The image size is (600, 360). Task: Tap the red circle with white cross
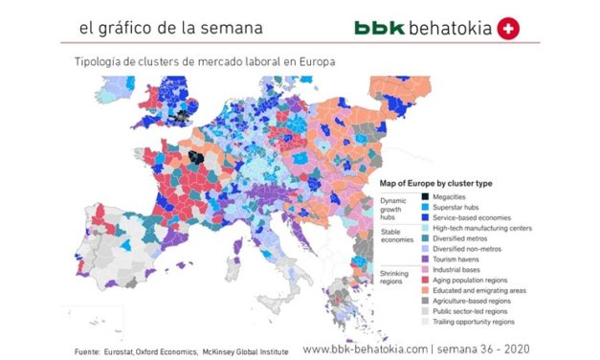[510, 29]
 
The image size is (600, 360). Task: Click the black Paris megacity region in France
[196, 158]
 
